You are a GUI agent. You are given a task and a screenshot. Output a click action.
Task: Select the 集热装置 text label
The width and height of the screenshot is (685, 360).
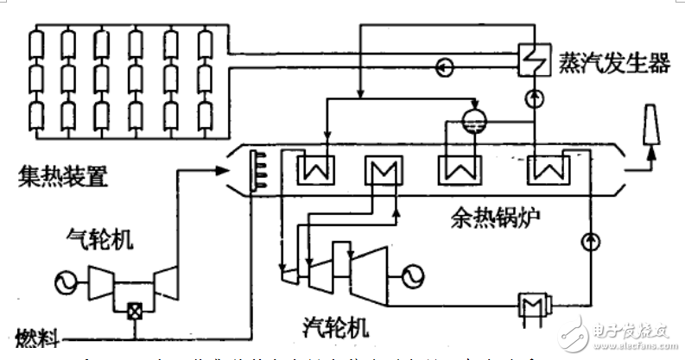(x=54, y=179)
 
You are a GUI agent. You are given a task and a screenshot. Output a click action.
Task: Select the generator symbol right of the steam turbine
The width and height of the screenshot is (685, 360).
(x=409, y=274)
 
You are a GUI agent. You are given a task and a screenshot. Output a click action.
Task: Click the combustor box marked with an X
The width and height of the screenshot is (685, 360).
(x=135, y=313)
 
